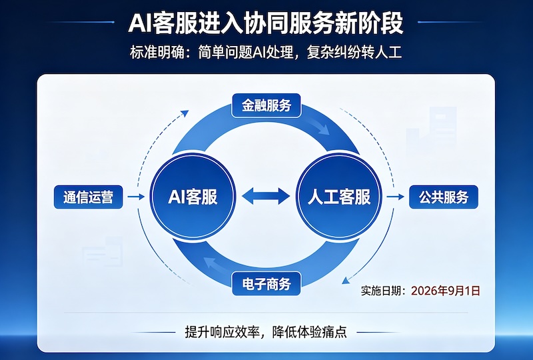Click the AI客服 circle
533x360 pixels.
pos(193,197)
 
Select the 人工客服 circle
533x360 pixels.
pos(339,197)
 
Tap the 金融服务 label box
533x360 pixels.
pos(266,105)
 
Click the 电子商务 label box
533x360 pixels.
pos(266,283)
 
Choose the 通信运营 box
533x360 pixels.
pos(88,197)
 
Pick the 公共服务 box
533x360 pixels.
pos(444,197)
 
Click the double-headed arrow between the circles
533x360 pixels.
pos(266,196)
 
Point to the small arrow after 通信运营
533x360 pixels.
pos(136,197)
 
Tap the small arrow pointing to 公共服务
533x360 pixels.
pos(395,197)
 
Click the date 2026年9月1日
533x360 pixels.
pos(445,291)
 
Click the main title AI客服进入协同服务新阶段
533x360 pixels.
pos(266,23)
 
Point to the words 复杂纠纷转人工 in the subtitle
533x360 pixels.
pos(354,52)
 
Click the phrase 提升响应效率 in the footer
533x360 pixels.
pos(223,332)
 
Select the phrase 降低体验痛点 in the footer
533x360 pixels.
pos(309,332)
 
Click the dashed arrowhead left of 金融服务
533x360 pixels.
pos(185,113)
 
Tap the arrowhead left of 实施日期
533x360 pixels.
pos(346,281)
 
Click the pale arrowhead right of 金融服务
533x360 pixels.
pos(323,129)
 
